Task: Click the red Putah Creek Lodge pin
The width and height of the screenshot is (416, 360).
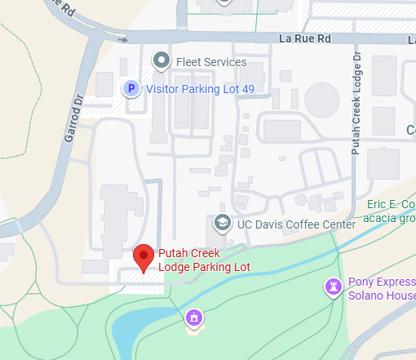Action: click(x=144, y=256)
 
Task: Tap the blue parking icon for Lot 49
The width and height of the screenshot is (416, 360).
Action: click(x=130, y=88)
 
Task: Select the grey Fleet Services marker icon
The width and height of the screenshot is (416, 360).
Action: click(x=162, y=60)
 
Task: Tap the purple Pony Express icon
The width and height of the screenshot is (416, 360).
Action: click(x=333, y=287)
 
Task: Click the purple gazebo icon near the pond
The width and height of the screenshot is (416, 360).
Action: click(x=194, y=317)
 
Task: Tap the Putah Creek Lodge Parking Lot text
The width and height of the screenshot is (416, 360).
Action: click(x=204, y=260)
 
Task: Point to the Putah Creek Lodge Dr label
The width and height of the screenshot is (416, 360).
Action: click(x=356, y=101)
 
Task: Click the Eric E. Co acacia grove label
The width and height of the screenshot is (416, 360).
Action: click(x=391, y=209)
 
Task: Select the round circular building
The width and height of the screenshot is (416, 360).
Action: click(x=321, y=100)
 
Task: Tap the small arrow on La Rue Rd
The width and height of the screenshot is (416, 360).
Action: click(x=122, y=38)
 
